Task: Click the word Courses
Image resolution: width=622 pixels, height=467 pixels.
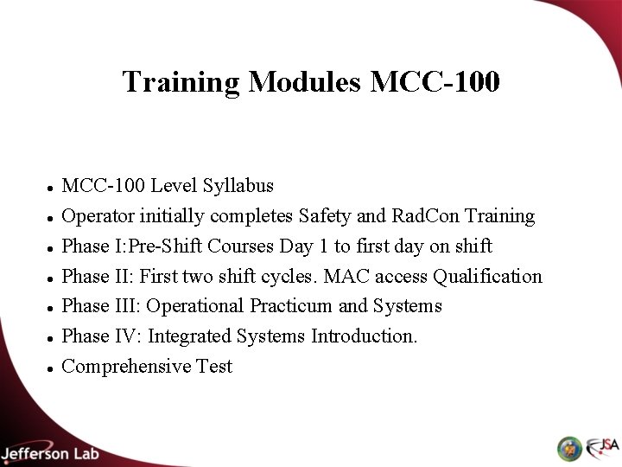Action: (243, 246)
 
